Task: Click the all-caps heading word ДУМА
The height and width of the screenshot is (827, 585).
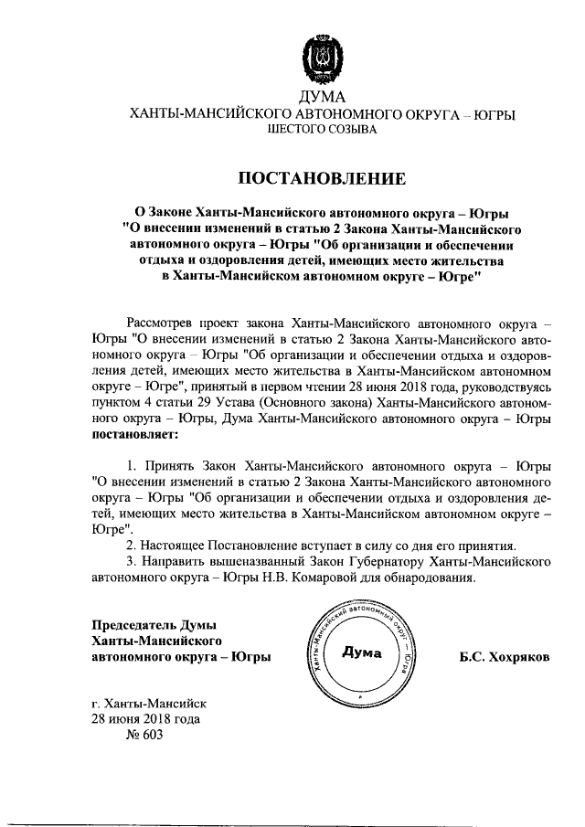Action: coord(322,98)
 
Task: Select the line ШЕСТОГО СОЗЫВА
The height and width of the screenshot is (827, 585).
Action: coord(321,130)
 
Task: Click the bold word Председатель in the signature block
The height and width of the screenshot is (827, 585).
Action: coord(134,624)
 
